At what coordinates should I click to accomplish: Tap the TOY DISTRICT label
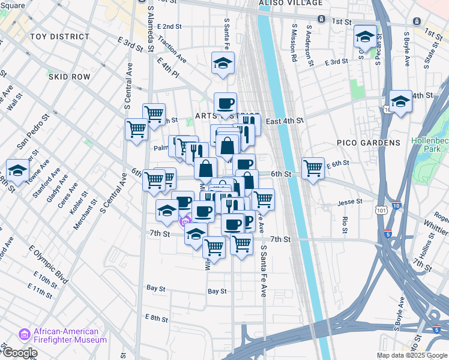point(59,37)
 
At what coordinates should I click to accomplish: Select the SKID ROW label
point(69,77)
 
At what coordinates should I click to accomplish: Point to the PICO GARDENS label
point(369,143)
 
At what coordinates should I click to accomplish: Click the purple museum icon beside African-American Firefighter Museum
point(25,333)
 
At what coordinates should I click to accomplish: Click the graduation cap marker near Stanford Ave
point(17,170)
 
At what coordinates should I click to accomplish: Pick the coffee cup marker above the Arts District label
point(226,103)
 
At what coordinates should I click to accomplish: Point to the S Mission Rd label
point(294,43)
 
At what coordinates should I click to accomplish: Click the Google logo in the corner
point(19,353)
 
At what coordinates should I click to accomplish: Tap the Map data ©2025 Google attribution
point(412,355)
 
